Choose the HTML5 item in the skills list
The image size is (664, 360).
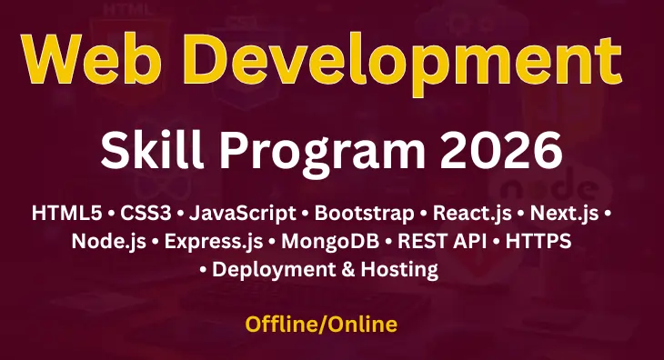[67, 215]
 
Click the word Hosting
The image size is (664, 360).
[397, 270]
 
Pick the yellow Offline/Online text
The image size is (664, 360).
[321, 323]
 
